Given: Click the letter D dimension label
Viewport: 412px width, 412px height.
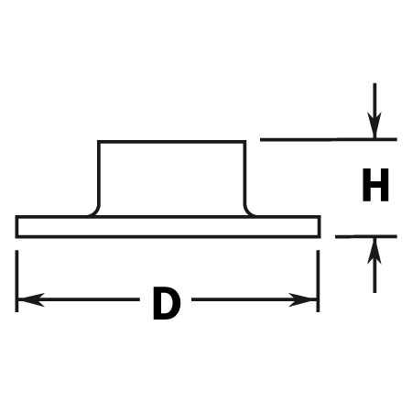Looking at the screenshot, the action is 167,303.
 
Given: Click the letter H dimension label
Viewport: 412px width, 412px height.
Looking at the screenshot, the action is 375,185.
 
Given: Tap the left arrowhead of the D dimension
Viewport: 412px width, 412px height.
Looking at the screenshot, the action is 30,299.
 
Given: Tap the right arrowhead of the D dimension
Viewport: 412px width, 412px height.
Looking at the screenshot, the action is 302,299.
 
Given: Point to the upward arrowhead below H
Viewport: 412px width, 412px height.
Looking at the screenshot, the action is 374,251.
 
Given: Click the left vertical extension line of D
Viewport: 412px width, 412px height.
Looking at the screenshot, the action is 16,281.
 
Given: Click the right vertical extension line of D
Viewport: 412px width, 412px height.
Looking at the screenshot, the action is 318,281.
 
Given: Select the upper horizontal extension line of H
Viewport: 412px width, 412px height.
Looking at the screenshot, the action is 329,139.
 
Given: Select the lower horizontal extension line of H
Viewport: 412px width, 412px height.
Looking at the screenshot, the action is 366,236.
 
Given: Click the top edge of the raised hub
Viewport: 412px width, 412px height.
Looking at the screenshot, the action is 171,142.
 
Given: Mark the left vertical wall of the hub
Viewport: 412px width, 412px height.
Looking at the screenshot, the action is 99,172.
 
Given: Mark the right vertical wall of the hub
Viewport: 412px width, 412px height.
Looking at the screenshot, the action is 244,172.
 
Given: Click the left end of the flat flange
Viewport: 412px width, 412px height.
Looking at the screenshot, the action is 16,226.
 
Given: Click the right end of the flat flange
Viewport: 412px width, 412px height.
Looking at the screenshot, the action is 319,226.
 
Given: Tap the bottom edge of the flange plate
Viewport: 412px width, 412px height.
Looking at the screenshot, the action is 168,236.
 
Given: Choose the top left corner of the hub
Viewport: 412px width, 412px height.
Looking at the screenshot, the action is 99,142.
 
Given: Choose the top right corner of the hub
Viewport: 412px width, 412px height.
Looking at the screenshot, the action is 244,142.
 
